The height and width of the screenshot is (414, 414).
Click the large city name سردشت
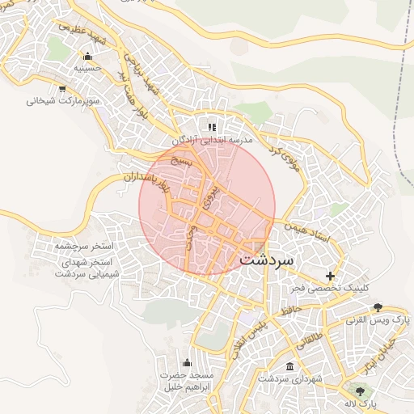click(280, 260)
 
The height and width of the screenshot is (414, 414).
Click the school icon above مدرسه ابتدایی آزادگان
click(212, 127)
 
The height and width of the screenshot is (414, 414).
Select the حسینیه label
click(87, 69)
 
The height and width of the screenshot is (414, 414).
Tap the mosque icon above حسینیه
click(87, 56)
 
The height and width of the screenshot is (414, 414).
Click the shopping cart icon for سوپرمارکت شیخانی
click(62, 89)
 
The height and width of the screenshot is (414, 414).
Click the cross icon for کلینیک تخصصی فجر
click(329, 276)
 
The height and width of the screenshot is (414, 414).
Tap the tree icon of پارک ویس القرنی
click(378, 308)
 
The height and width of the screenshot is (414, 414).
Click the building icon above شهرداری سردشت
click(289, 366)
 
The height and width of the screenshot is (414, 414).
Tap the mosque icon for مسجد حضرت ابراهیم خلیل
click(188, 362)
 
